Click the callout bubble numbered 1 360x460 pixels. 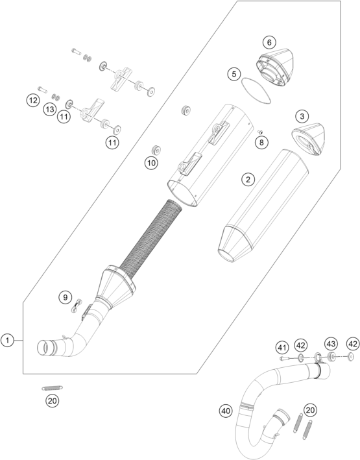(7, 341)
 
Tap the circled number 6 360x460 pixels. (269, 43)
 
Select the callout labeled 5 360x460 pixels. (234, 73)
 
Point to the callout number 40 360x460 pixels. (226, 411)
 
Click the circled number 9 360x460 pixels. (65, 297)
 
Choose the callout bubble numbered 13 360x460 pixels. (49, 110)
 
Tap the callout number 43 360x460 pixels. (331, 343)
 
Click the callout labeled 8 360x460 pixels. (261, 142)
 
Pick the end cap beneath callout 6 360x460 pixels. (276, 67)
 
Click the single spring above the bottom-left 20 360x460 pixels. (53, 388)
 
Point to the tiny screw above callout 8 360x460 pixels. (259, 132)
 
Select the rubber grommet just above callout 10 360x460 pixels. (186, 110)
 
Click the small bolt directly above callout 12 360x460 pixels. (43, 89)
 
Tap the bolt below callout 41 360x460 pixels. (285, 358)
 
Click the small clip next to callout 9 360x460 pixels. (77, 306)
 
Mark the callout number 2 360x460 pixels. (248, 179)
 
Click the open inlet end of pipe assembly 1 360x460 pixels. (43, 348)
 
